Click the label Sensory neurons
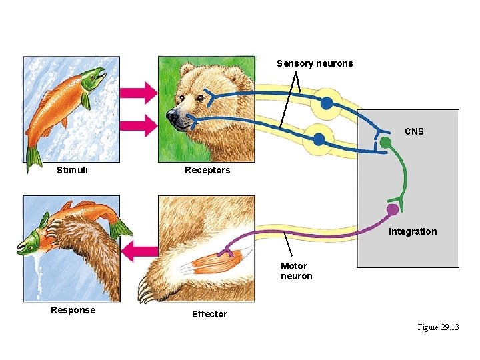[x=315, y=63]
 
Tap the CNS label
[x=413, y=131]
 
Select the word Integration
[x=413, y=231]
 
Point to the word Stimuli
[x=72, y=170]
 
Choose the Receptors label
[x=207, y=170]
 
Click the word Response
[x=73, y=310]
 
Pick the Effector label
[x=209, y=314]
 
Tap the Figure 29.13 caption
[x=438, y=327]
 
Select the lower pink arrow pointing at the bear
[x=141, y=124]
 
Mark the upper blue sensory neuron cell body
[x=326, y=103]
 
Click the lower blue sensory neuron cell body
[x=319, y=139]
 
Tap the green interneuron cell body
[x=385, y=143]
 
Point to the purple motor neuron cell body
[x=393, y=209]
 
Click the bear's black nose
[x=172, y=118]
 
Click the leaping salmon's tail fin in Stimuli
[x=33, y=157]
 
